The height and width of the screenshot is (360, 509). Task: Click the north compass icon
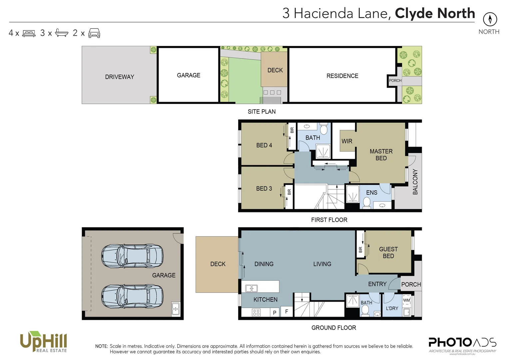pos(490,19)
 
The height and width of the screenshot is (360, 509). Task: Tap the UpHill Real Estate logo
pos(44,342)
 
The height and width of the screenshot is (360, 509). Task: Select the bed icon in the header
pos(29,33)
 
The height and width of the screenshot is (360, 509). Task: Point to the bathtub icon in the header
pos(61,33)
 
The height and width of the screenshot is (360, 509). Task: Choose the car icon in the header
pos(94,33)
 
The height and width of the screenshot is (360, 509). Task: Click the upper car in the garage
pos(132,256)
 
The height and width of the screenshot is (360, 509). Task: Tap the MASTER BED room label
pos(381,155)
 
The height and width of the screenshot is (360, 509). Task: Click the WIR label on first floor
pos(347,141)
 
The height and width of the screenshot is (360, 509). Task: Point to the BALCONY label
pos(415,182)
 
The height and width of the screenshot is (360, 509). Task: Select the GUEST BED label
pos(388,253)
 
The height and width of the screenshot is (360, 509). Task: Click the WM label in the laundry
pos(406,300)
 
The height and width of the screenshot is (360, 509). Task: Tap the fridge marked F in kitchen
pos(286,312)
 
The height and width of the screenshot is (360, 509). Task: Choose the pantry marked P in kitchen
pos(274,313)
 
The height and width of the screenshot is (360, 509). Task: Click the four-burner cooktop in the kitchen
pos(256,312)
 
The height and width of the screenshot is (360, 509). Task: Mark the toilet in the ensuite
pos(367,202)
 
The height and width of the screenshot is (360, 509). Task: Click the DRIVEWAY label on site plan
pos(120,77)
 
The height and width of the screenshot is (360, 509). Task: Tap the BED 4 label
pos(264,145)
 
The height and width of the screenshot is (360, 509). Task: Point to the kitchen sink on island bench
pos(252,288)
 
